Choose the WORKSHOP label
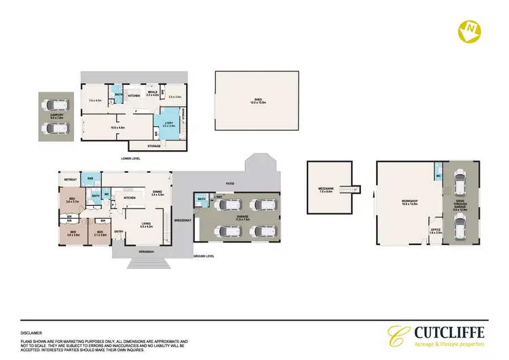[409, 201]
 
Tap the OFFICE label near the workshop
[436, 230]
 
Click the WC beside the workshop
[440, 174]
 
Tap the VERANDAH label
[147, 253]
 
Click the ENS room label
[90, 180]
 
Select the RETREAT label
[70, 180]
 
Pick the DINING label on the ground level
[157, 192]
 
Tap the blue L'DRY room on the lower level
[168, 124]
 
